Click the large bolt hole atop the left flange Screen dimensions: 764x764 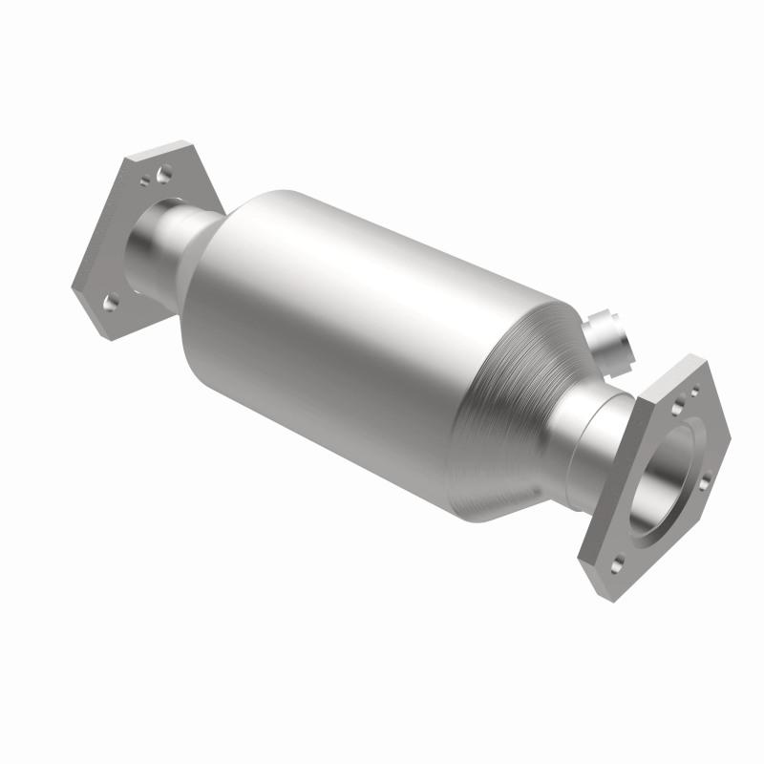(x=164, y=175)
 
